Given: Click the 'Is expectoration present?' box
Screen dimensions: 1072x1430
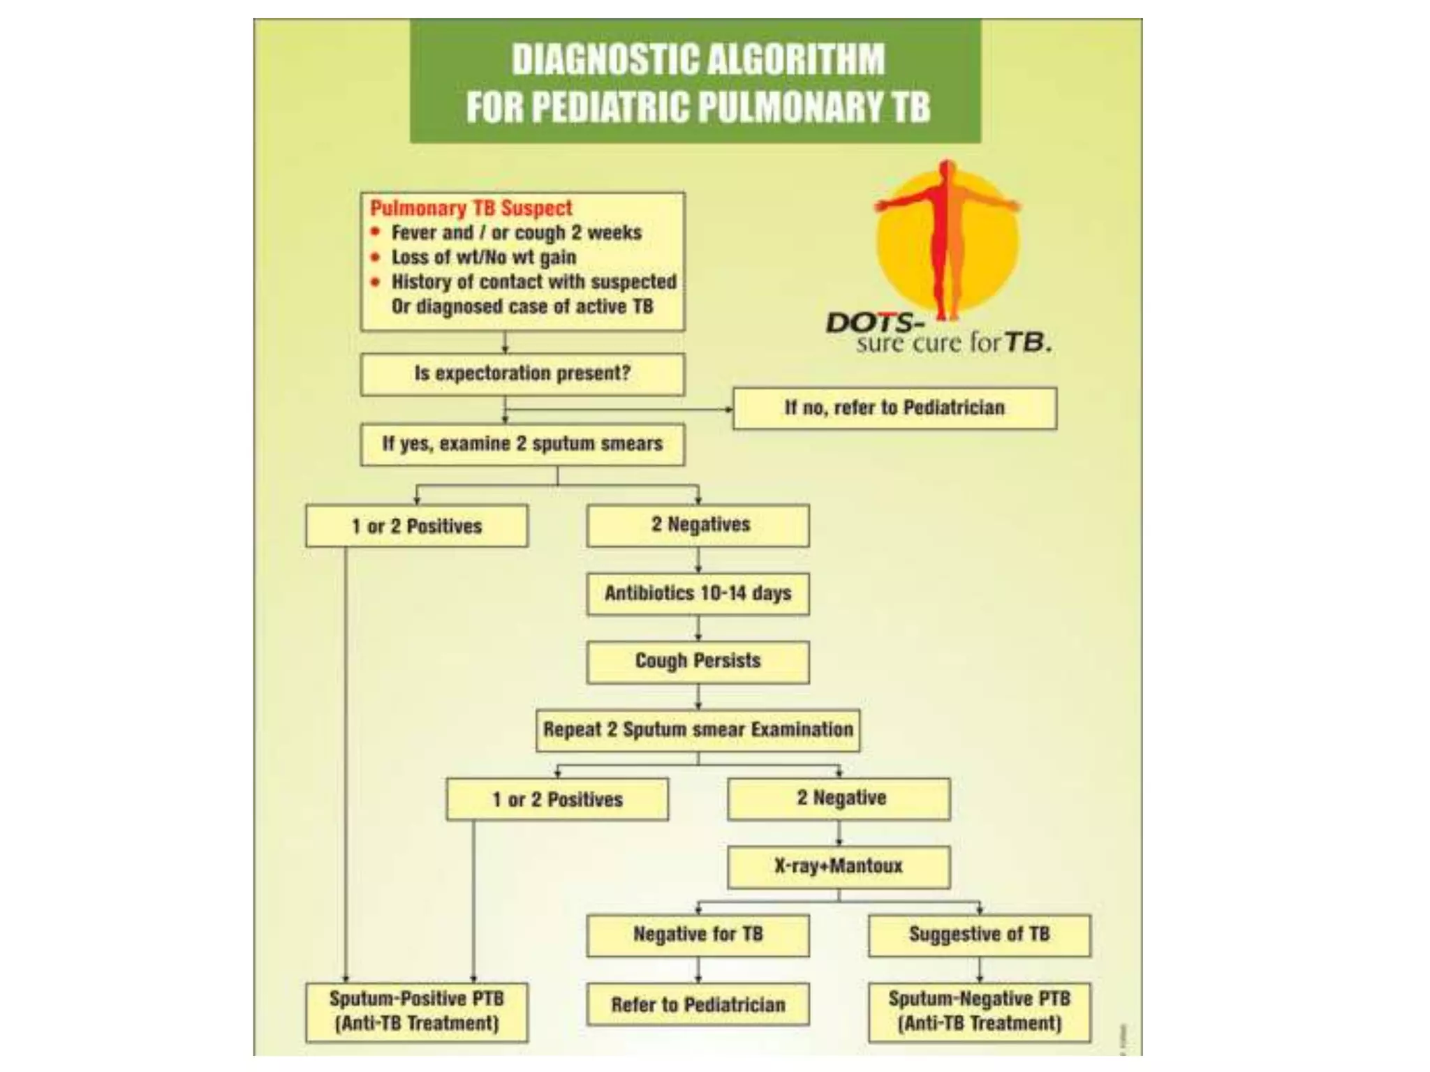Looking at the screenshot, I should pos(522,374).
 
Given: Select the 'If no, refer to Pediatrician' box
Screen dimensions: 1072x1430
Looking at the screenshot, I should pos(894,408).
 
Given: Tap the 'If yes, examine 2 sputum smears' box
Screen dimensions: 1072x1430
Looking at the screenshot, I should pos(522,445).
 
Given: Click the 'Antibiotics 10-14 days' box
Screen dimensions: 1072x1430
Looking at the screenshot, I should pos(698,594).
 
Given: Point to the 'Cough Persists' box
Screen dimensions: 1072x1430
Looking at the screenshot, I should pos(698,662).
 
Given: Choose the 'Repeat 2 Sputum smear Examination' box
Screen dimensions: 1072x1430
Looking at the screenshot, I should pos(698,731).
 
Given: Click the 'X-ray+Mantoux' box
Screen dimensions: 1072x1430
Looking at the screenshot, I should pos(839,867).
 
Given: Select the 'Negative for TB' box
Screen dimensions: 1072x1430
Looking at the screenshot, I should pos(698,935).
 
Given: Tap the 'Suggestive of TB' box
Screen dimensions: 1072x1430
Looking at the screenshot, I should pos(980,935).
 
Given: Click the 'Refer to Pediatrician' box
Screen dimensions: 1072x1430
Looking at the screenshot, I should pos(698,1005).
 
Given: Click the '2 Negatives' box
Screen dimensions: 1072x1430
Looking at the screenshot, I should pos(698,526).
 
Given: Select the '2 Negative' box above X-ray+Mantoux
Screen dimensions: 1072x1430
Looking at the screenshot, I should pos(839,799).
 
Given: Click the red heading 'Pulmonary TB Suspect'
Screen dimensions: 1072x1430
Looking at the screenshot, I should pos(471,208).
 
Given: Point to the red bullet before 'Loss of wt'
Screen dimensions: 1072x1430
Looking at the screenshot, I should pos(376,258).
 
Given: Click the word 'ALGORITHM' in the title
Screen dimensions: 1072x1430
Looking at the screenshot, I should pos(795,59).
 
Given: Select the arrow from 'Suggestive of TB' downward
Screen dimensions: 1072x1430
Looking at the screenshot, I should pos(980,970).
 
